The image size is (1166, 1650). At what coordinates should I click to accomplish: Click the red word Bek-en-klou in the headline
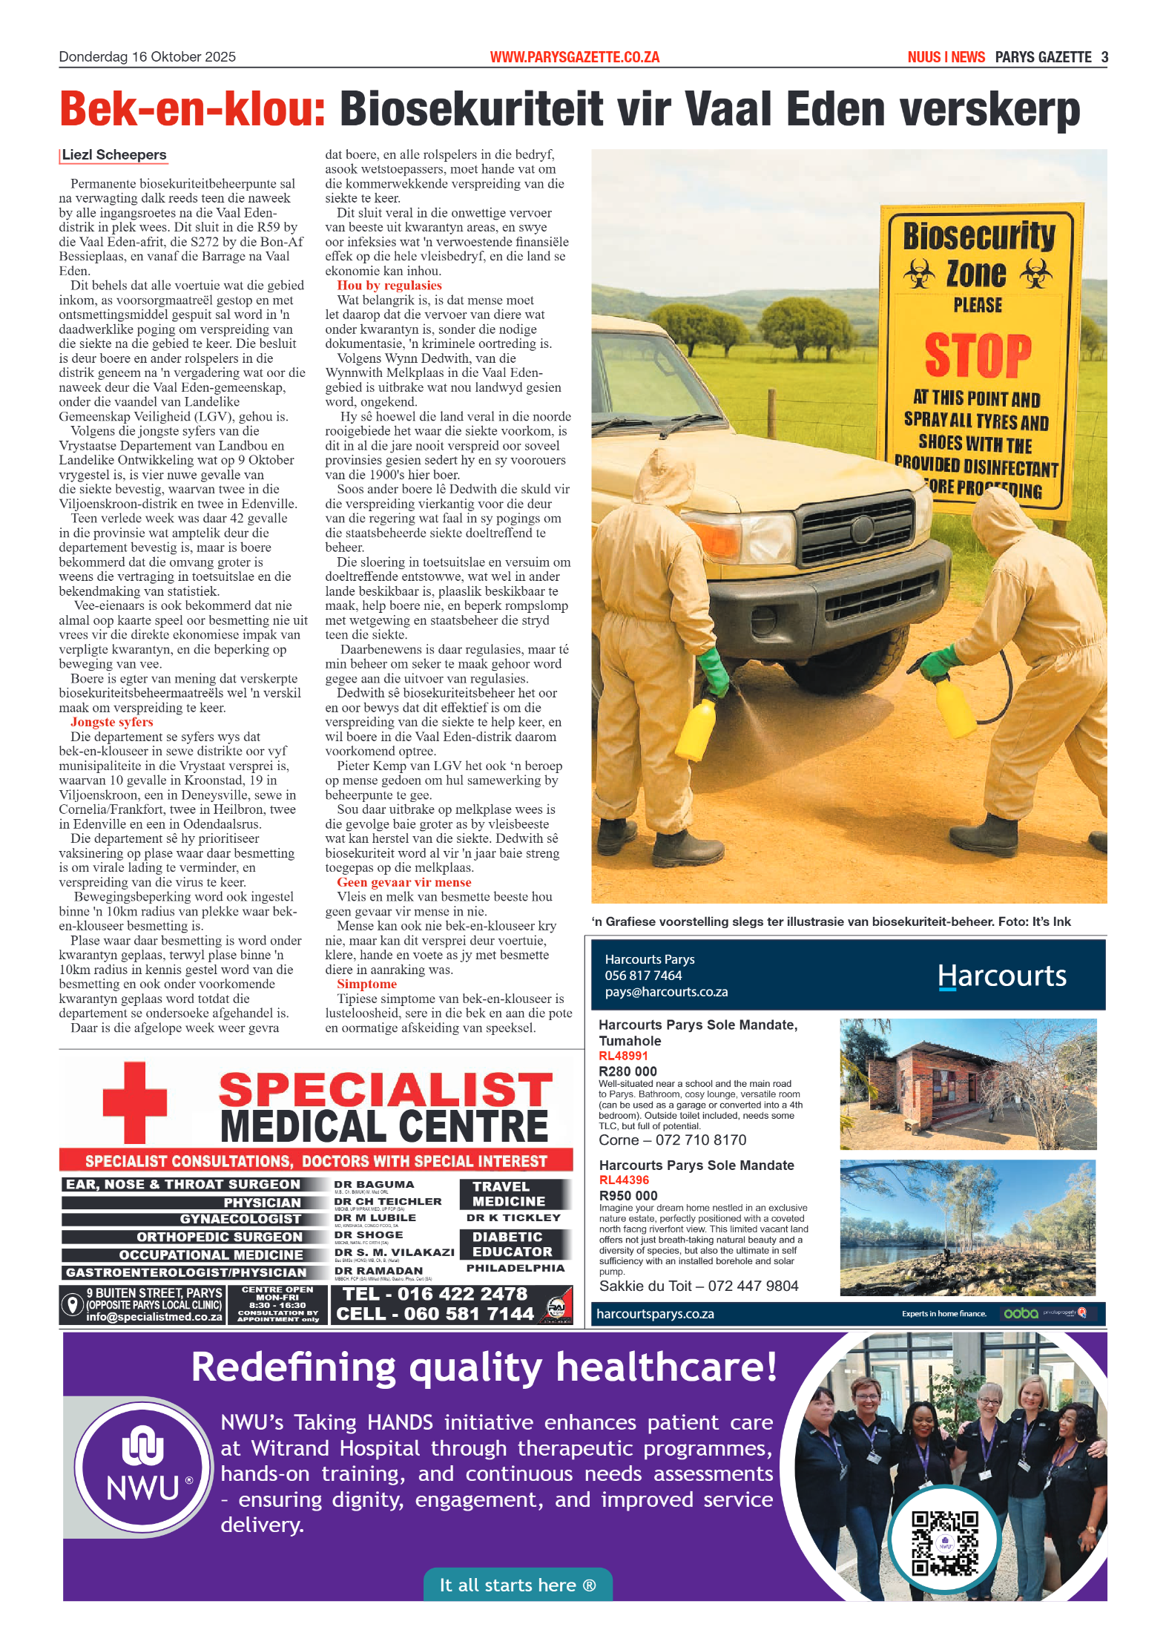(x=192, y=110)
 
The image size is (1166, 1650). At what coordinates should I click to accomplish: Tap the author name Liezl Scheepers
(x=114, y=155)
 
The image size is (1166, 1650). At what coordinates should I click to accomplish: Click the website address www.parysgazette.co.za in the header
(x=574, y=57)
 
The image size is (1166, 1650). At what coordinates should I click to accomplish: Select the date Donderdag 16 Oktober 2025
(x=147, y=57)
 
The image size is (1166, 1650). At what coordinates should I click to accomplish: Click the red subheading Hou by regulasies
(x=389, y=286)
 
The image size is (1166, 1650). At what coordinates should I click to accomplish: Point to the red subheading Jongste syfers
(x=111, y=722)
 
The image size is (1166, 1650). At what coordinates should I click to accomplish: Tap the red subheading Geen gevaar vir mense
(x=404, y=882)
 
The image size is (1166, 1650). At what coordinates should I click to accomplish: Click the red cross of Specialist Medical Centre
(x=134, y=1102)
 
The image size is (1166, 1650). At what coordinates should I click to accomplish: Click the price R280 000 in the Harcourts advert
(x=628, y=1071)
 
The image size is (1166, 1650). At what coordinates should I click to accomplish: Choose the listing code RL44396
(x=624, y=1180)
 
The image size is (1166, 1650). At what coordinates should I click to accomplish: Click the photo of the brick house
(x=967, y=1084)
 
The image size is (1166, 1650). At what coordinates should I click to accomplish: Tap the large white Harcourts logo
(x=1001, y=976)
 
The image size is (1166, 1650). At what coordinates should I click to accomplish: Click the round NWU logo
(x=142, y=1467)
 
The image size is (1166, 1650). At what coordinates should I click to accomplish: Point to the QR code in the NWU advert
(x=944, y=1543)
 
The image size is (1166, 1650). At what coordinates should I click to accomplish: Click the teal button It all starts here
(x=517, y=1585)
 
